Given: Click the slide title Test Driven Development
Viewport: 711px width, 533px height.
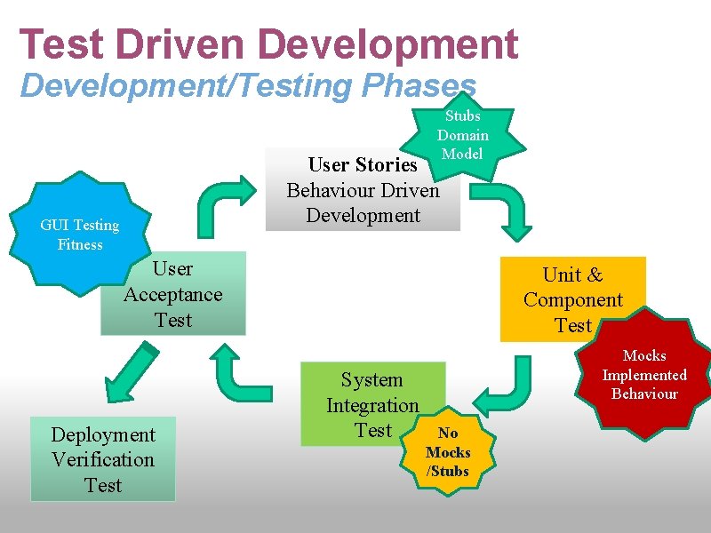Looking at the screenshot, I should pos(268,44).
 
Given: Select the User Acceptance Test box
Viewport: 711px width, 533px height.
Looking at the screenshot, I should pos(173,294).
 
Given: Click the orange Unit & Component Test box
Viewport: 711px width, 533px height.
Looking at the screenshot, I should pos(573,300).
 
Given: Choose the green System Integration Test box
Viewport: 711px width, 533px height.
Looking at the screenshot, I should pos(371,403).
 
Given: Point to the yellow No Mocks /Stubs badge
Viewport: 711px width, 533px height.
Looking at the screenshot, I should pos(448,451).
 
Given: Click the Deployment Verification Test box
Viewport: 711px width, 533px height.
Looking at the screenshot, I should pos(103,459).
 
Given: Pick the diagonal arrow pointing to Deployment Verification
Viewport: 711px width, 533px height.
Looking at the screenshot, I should pos(137,374).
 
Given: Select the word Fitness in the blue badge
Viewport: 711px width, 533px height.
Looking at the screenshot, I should pos(80,244).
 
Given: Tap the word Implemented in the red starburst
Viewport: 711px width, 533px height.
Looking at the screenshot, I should pos(644,375).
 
